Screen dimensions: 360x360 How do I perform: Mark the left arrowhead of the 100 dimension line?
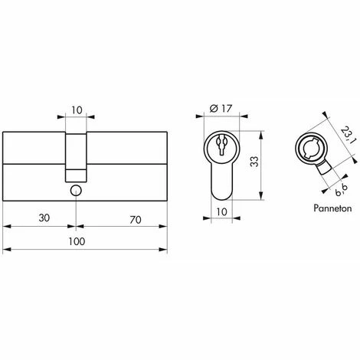(6, 250)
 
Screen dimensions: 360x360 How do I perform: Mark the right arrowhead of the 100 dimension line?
(167, 250)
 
